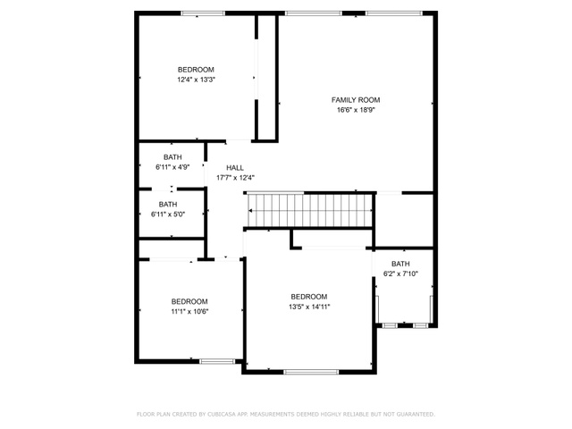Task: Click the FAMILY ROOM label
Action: pos(356,100)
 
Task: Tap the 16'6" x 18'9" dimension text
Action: pos(356,110)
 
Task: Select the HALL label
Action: pos(235,168)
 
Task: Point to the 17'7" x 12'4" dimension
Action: pos(235,178)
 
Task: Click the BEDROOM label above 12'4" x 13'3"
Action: pos(196,70)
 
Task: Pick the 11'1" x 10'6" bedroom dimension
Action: pos(189,312)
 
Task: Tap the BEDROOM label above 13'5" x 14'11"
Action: pos(309,297)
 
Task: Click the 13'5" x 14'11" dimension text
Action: pos(309,307)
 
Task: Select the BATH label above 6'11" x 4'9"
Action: pos(172,157)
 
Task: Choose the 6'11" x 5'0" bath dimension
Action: pos(168,214)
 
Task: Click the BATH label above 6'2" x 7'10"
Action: pos(400,264)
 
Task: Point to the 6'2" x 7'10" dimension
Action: pos(400,273)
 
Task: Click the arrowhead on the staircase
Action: pos(250,211)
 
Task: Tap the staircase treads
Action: pos(310,211)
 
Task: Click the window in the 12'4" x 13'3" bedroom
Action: pos(203,13)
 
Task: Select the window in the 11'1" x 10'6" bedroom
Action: pos(217,361)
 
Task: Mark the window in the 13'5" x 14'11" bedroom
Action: pos(311,372)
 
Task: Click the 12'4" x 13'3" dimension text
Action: pos(197,80)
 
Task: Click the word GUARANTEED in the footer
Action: pos(416,414)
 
